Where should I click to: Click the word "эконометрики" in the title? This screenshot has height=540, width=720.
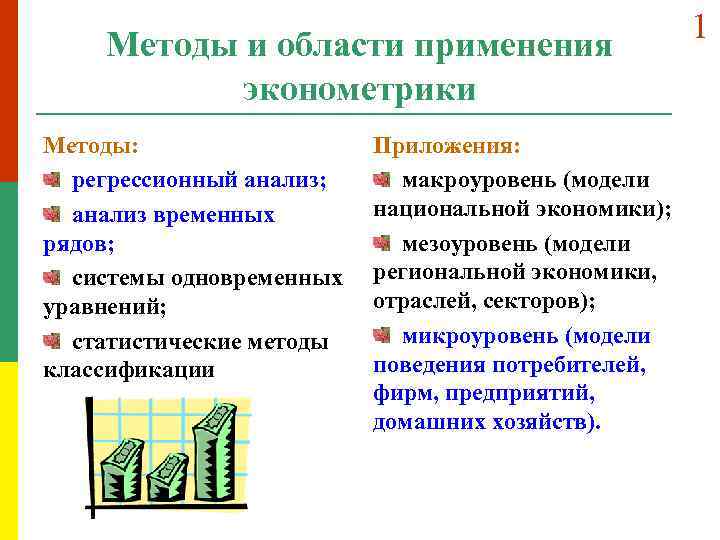click(x=359, y=89)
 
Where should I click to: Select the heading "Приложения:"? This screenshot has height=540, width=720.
click(x=446, y=147)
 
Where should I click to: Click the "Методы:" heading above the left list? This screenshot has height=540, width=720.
click(x=91, y=147)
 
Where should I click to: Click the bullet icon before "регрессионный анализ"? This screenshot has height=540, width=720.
click(x=53, y=180)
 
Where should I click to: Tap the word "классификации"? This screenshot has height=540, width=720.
click(x=129, y=369)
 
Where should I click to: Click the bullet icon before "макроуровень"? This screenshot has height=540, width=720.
click(x=383, y=180)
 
